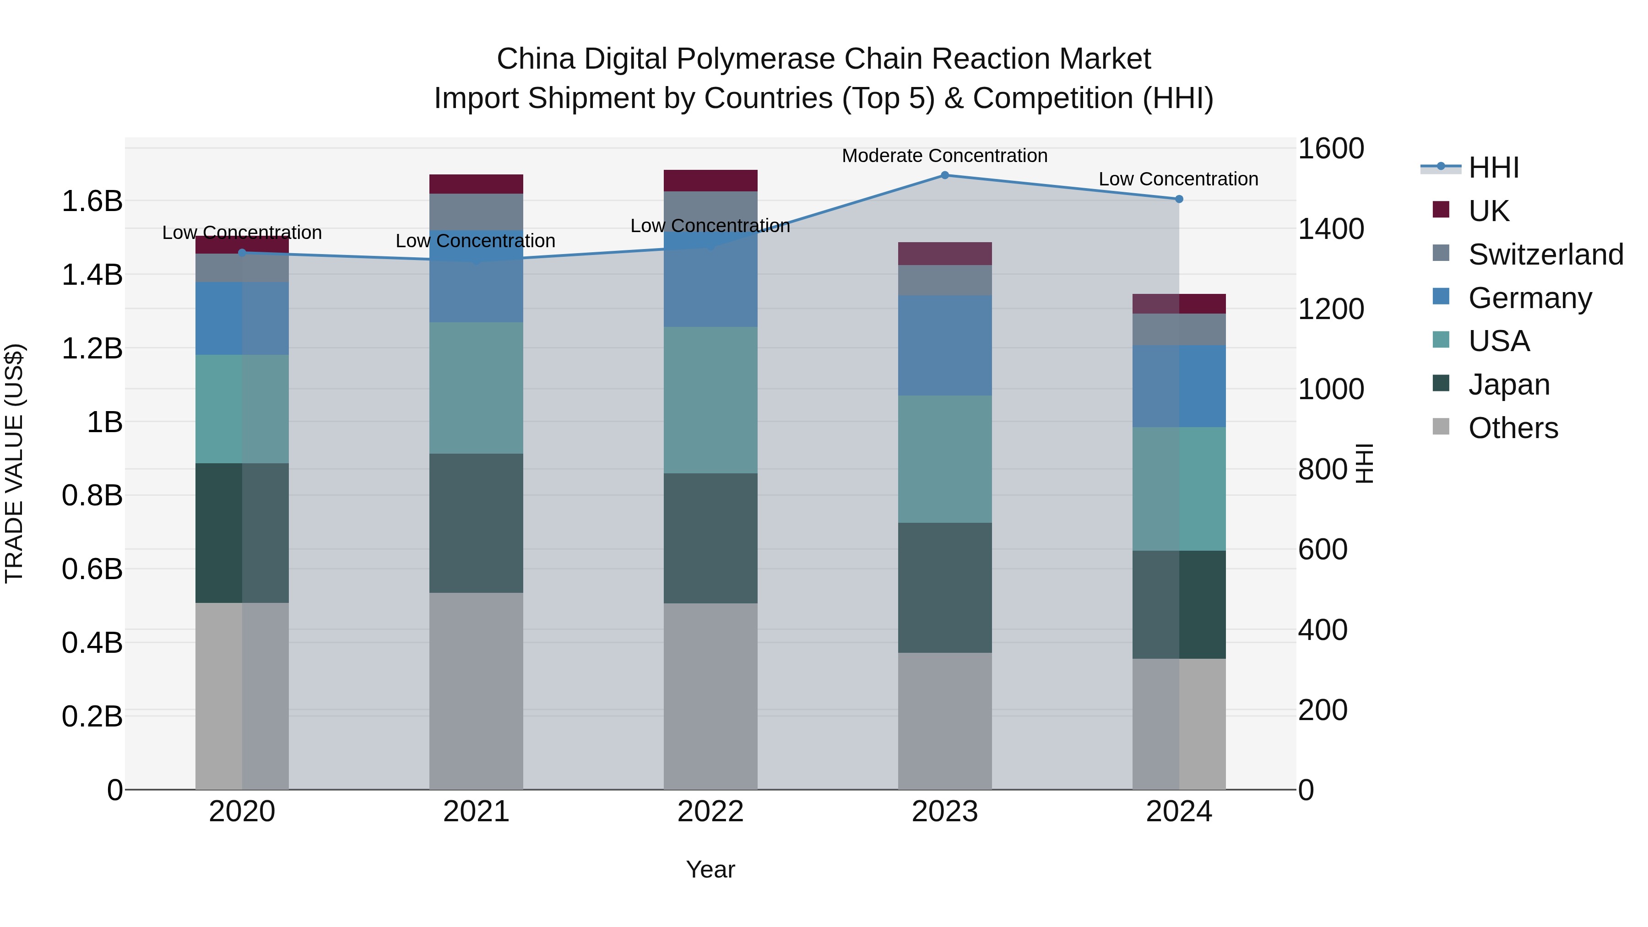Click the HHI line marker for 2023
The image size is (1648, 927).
(x=944, y=175)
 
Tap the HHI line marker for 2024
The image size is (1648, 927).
(x=1179, y=199)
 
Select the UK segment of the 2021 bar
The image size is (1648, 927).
(x=476, y=184)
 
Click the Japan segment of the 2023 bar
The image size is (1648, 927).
(x=944, y=587)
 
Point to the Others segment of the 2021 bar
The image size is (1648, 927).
(x=476, y=691)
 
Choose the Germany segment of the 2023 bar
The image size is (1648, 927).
(x=944, y=346)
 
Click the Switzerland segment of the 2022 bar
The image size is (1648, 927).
(x=710, y=211)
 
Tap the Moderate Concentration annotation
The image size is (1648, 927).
(x=944, y=156)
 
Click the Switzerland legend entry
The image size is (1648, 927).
(x=1545, y=255)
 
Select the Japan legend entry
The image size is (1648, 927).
(x=1508, y=385)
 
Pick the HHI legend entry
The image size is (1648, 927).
(x=1493, y=168)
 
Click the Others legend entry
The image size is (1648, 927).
(x=1512, y=428)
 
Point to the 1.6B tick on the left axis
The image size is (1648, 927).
(x=92, y=201)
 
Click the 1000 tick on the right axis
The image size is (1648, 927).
(x=1331, y=389)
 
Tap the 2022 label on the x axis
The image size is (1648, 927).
(x=710, y=812)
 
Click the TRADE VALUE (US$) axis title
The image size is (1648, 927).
(x=14, y=463)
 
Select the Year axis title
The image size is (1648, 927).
(x=710, y=869)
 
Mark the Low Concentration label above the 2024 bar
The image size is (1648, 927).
(x=1178, y=179)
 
